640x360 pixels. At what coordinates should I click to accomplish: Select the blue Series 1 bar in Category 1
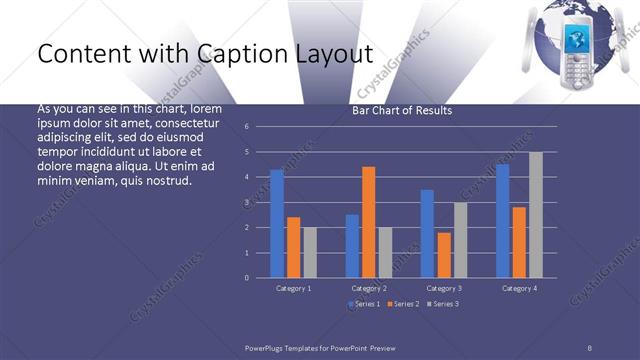click(277, 223)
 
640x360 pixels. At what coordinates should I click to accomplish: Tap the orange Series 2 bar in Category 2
click(368, 221)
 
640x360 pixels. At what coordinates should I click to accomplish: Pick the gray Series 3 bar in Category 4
click(536, 214)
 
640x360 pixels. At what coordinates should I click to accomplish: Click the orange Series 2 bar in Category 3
click(444, 254)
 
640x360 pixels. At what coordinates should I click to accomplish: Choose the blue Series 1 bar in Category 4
click(503, 220)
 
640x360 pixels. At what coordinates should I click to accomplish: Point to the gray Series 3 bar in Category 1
click(309, 252)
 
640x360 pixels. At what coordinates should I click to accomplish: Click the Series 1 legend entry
click(365, 303)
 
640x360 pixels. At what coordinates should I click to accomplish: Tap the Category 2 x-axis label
click(368, 288)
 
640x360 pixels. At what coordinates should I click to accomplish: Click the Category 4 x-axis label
click(519, 288)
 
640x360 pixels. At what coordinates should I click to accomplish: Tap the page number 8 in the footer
click(590, 345)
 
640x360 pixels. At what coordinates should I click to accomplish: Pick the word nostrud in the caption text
click(166, 181)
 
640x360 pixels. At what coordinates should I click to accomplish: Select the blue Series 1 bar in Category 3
click(427, 233)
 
